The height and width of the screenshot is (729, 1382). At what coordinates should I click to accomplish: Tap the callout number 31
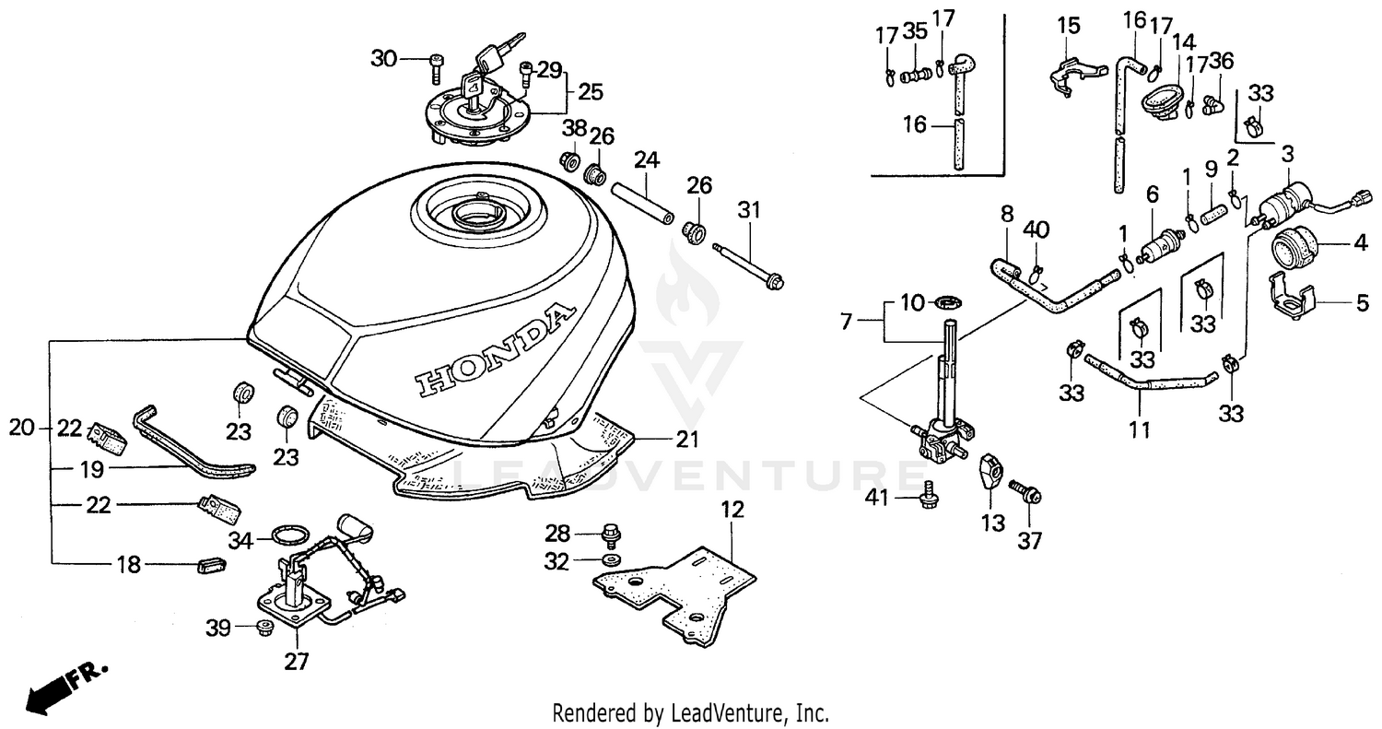point(749,210)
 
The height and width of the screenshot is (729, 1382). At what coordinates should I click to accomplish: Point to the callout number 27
point(297,661)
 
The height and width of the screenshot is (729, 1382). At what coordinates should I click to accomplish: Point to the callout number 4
point(1361,246)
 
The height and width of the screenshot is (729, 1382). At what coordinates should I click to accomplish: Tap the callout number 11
point(1140,430)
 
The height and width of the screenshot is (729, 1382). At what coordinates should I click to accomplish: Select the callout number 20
point(20,428)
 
